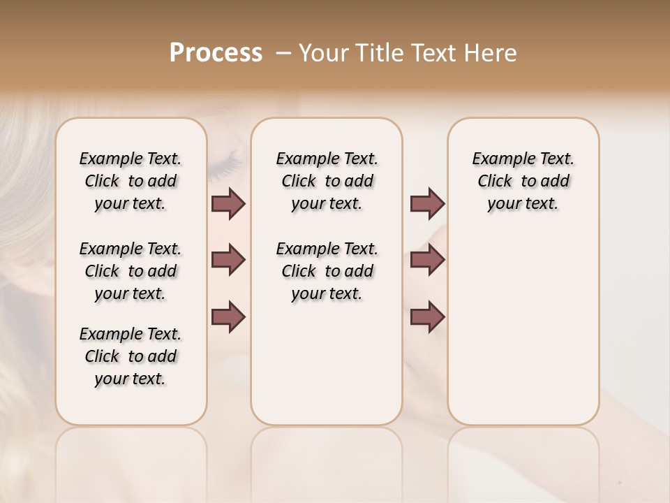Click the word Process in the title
216,53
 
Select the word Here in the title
491,53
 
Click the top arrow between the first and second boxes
228,203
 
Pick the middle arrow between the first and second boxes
228,260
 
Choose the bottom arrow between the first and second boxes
228,316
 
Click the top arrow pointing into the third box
427,203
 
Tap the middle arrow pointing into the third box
427,260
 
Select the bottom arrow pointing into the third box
427,316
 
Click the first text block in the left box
131,181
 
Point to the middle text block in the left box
131,271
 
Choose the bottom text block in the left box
131,356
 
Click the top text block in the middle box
327,181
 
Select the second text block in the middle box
327,271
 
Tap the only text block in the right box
523,181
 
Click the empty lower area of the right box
523,335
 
